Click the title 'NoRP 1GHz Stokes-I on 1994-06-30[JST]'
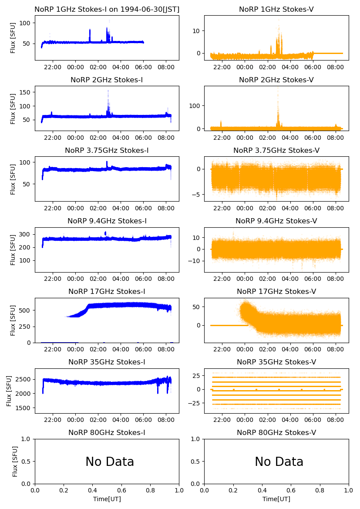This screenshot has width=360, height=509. click(x=107, y=9)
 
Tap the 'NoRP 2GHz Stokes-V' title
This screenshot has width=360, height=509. click(x=276, y=80)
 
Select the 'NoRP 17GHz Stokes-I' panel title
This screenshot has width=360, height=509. click(x=107, y=291)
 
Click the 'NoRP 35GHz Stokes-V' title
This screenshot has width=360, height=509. click(x=276, y=362)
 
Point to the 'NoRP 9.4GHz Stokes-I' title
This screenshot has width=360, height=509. click(x=107, y=221)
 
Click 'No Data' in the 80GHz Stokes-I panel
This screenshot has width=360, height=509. click(x=110, y=462)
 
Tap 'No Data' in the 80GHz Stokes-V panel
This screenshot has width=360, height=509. click(x=279, y=462)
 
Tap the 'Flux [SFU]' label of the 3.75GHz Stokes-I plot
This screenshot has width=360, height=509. click(x=13, y=179)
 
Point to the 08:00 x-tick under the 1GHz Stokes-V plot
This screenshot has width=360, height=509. click(x=334, y=67)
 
